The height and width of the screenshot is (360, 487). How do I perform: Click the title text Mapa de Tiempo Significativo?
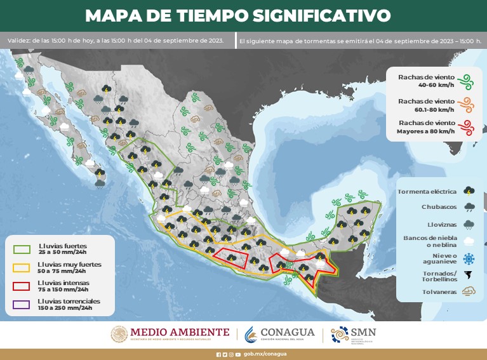[x=237, y=15]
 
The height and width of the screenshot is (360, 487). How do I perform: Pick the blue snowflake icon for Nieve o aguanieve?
[x=469, y=258]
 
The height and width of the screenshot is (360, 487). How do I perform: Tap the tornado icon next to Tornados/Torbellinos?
[x=469, y=276]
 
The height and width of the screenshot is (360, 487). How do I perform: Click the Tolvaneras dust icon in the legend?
[x=469, y=292]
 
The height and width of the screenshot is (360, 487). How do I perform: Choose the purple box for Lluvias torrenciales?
[x=22, y=305]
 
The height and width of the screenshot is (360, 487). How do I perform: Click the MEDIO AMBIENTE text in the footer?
[x=180, y=331]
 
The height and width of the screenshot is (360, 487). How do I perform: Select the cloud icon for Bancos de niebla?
[x=469, y=241]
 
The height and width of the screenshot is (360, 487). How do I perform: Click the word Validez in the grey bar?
[x=18, y=41]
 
